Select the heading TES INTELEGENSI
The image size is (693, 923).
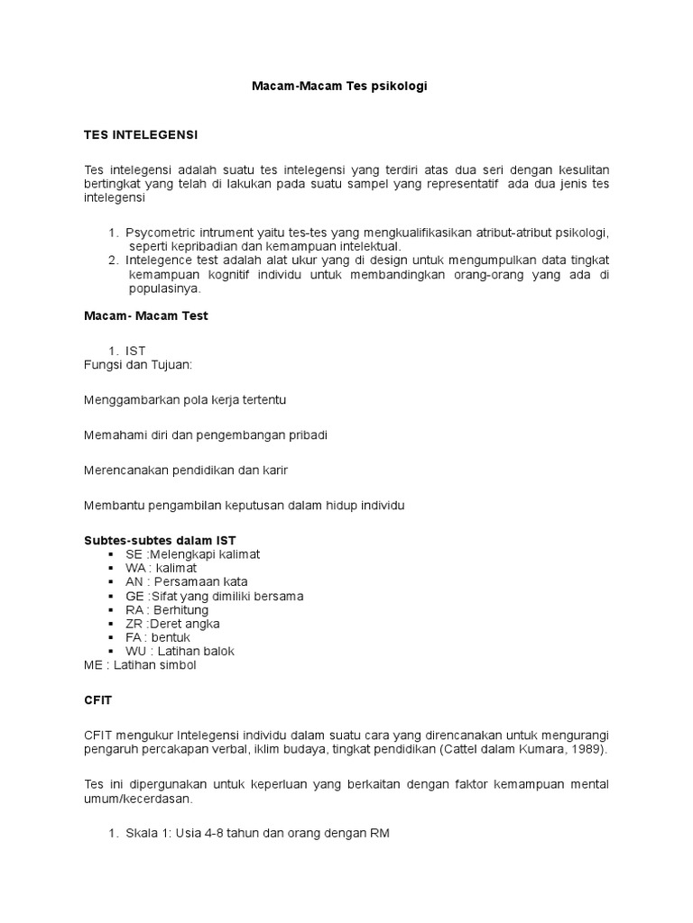(x=140, y=135)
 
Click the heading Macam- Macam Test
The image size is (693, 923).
(x=146, y=316)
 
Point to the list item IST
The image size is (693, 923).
(x=135, y=350)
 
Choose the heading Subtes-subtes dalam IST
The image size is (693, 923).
(x=159, y=540)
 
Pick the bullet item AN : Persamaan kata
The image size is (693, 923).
(x=187, y=581)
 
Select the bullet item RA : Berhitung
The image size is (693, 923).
(x=167, y=609)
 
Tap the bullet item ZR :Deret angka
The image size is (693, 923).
(x=173, y=623)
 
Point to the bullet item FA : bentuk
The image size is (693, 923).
(x=158, y=637)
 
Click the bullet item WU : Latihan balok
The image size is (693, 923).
(x=180, y=651)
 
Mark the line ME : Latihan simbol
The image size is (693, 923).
(x=139, y=665)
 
